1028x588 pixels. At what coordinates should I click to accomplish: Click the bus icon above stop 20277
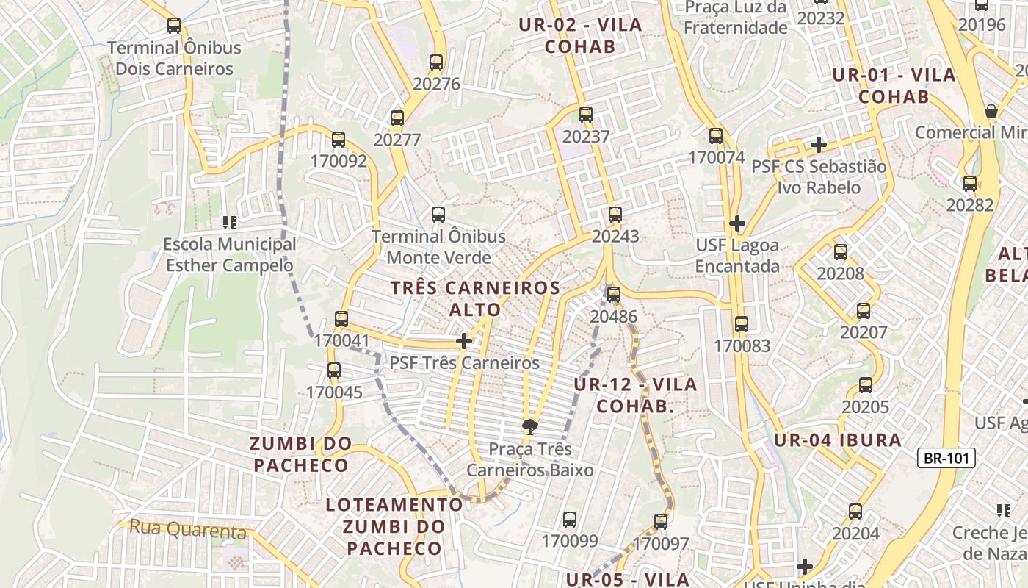(397, 118)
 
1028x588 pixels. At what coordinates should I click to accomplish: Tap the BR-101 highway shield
(946, 459)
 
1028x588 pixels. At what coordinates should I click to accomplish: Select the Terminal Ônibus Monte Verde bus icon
(438, 215)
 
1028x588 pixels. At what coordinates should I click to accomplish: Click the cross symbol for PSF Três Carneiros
(464, 341)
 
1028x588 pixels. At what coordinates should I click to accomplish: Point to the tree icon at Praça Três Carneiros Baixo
(529, 426)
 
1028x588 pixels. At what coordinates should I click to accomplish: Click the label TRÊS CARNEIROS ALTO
(475, 298)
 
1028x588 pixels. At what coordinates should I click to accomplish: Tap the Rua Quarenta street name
(187, 528)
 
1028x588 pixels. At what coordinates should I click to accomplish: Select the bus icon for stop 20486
(614, 295)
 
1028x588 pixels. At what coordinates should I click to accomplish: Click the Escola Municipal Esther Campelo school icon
(229, 222)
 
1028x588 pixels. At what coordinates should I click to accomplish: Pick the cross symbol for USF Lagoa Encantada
(737, 223)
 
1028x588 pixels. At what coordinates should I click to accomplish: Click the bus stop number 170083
(742, 345)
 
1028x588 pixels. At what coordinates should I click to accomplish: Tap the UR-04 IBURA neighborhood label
(837, 440)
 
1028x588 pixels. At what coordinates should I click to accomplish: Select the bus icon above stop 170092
(339, 139)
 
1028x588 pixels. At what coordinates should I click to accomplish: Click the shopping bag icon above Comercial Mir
(991, 111)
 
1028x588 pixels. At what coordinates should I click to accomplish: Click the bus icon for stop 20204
(855, 512)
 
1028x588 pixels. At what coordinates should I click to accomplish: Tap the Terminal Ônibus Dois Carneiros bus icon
(174, 26)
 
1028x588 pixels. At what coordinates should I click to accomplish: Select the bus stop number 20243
(615, 237)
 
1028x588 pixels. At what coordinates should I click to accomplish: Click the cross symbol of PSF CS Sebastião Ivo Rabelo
(819, 145)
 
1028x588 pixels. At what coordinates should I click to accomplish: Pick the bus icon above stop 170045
(334, 370)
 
